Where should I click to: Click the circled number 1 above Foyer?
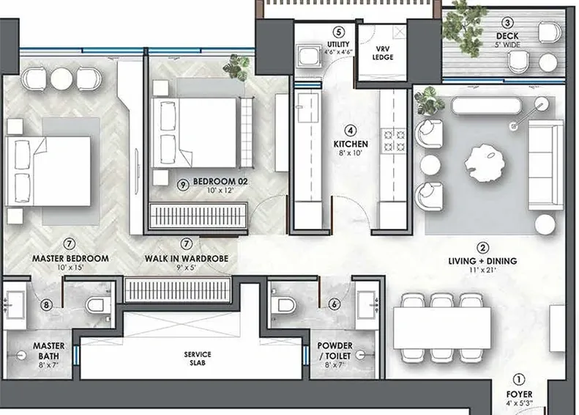519,380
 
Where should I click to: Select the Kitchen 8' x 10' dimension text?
351,155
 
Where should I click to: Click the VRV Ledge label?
384,52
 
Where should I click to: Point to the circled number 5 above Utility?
337,32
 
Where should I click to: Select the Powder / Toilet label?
334,350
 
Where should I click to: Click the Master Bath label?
48,350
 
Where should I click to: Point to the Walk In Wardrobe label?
187,258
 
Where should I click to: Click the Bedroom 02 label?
209,185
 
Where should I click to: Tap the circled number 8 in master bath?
47,305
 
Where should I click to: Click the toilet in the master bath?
97,304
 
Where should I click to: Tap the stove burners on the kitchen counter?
400,142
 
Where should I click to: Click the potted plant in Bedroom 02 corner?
236,68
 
